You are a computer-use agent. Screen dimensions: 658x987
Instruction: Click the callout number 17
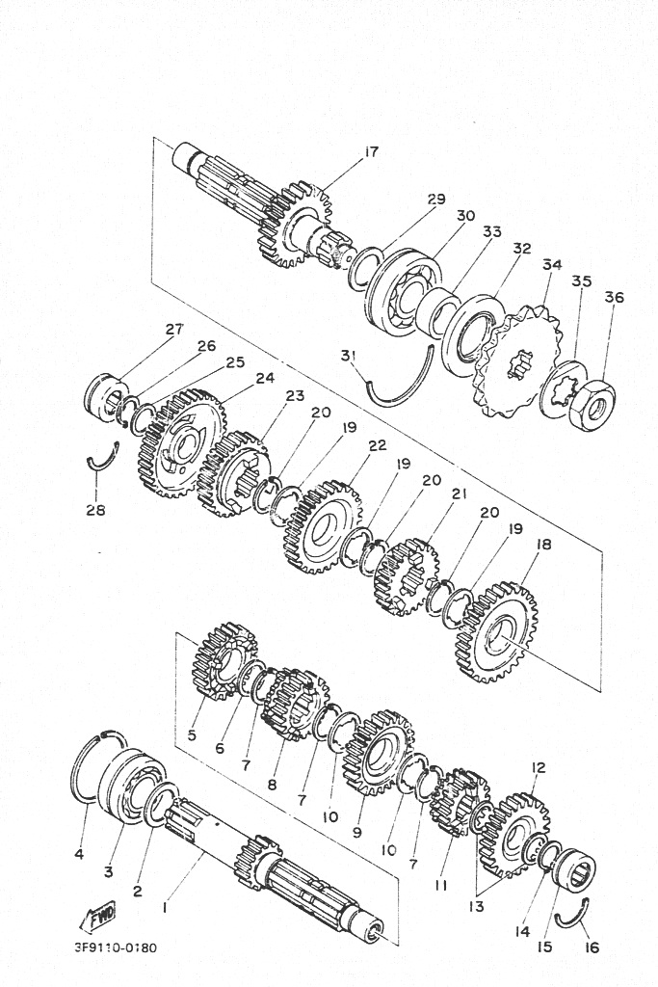tap(372, 151)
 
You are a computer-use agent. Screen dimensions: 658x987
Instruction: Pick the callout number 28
tap(95, 509)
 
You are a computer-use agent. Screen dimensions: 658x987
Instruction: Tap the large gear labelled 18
tap(496, 631)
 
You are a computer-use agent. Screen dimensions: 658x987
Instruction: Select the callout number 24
tap(265, 378)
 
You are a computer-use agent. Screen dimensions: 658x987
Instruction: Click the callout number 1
tap(165, 907)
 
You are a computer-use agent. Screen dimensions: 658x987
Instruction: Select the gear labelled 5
tap(224, 661)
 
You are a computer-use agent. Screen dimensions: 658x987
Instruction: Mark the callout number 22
tap(377, 445)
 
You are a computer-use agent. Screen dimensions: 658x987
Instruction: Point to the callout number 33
tap(492, 231)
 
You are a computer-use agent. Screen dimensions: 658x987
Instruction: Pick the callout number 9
tap(356, 833)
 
